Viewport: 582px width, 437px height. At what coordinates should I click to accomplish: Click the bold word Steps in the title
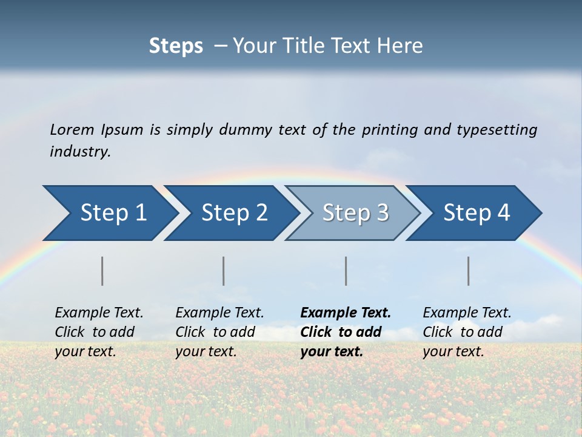coord(176,46)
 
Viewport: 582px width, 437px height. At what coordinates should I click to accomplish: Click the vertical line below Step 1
coord(102,271)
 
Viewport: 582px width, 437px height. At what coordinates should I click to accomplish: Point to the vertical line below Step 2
coord(224,271)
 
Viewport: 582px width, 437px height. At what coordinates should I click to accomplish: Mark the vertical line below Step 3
coord(346,271)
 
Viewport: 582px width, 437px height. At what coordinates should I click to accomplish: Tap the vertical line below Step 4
coord(469,271)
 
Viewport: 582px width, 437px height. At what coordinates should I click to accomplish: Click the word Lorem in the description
coord(72,130)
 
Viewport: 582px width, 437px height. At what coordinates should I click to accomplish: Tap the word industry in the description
coord(79,152)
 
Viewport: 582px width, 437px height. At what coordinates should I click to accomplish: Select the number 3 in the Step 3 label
coord(382,213)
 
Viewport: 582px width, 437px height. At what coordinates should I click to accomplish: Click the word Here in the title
coord(403,46)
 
